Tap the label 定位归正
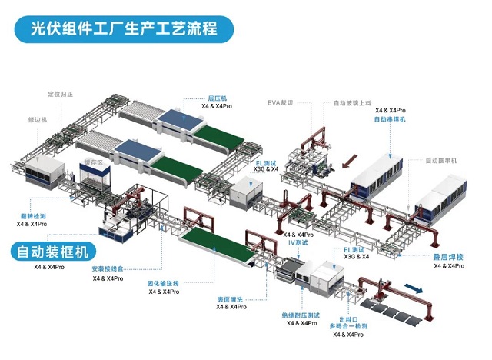click(59, 95)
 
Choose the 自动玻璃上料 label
click(352, 102)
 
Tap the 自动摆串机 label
click(441, 161)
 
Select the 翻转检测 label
click(32, 216)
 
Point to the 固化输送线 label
click(164, 283)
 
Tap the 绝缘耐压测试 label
click(300, 315)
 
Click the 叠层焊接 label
click(448, 257)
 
